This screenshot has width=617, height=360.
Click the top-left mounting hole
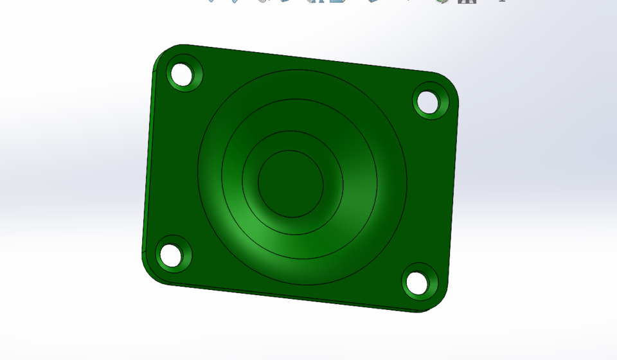[183, 75]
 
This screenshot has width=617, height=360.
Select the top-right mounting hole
[427, 102]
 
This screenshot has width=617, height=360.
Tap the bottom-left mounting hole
[170, 254]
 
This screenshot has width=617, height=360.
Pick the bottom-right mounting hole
[416, 283]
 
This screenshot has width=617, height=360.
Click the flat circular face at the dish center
[291, 184]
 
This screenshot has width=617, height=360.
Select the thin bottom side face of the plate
[289, 296]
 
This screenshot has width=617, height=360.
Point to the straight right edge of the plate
[454, 193]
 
